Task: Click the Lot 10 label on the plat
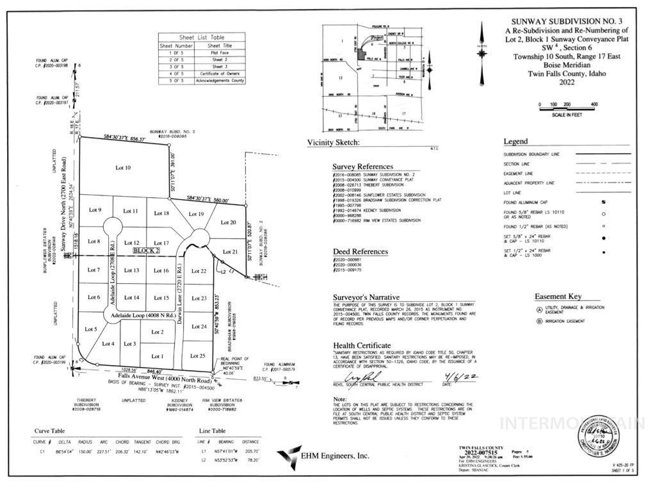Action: (123, 168)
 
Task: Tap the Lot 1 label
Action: (158, 356)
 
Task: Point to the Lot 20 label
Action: (229, 222)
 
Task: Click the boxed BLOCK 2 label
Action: (146, 252)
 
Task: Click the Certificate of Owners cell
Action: (219, 74)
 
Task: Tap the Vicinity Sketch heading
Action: (333, 142)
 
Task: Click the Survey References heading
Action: (362, 167)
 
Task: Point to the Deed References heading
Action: (360, 252)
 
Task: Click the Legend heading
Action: (515, 142)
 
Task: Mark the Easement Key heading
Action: (558, 297)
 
